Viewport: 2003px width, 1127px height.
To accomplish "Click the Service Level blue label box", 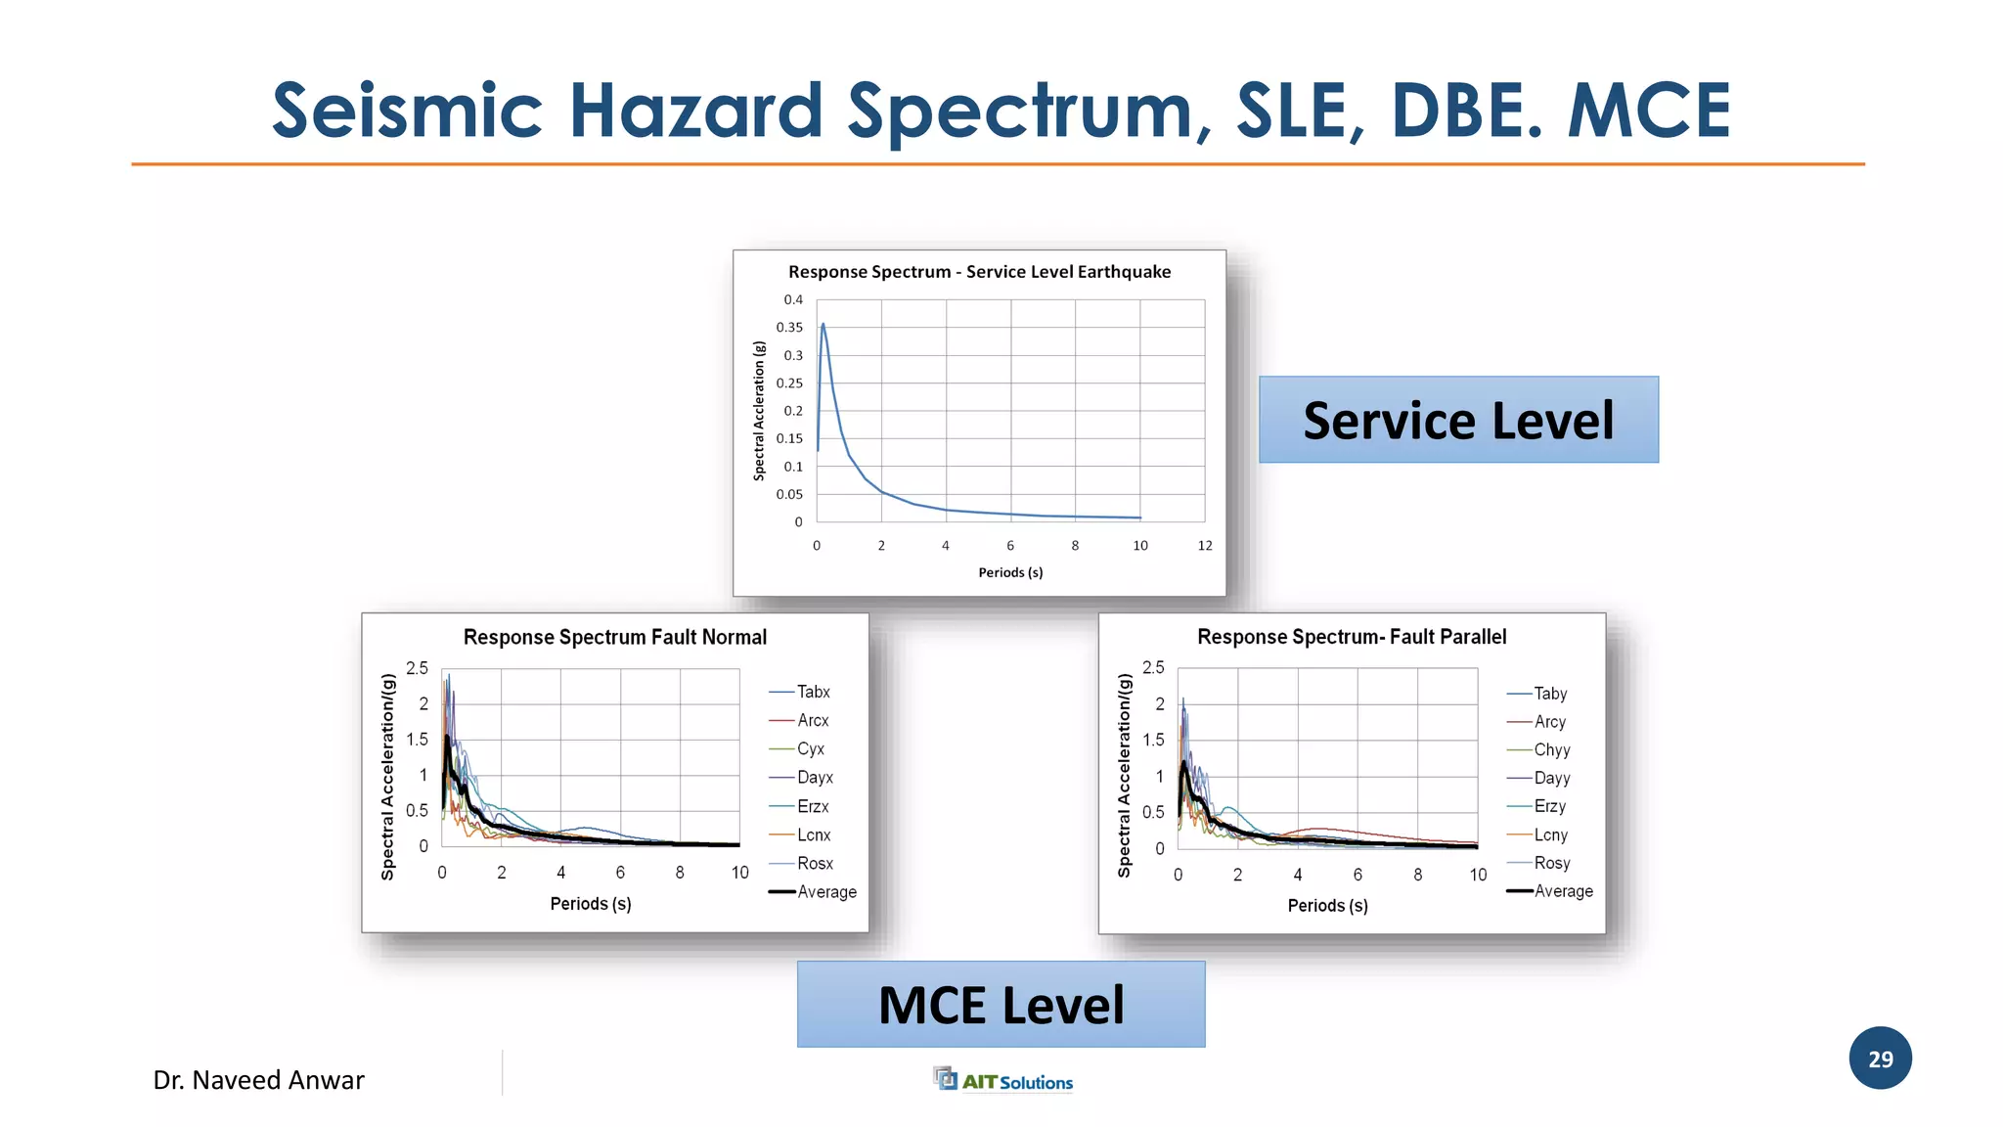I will click(1457, 420).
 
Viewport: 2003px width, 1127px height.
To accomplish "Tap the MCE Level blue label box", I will click(1001, 1005).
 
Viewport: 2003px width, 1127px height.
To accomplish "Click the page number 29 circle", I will click(1880, 1059).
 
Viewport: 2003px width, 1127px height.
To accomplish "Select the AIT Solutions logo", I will click(1003, 1080).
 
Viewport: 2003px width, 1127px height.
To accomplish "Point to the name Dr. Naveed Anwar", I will click(258, 1080).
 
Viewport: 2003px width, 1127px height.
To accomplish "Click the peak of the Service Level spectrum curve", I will click(823, 325).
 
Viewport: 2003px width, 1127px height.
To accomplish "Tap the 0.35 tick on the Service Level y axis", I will click(789, 328).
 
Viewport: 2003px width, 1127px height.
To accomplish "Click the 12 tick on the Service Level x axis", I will click(1205, 546).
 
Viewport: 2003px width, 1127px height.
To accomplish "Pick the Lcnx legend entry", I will click(813, 835).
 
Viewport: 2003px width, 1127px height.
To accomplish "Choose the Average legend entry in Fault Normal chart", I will click(825, 892).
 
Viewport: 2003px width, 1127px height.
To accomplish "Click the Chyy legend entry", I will click(1551, 750).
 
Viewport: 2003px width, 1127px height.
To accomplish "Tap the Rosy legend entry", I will click(1551, 864).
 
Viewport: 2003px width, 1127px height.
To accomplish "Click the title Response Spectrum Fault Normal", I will click(614, 638).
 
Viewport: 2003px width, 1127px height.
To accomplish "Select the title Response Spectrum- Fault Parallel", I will click(1352, 638).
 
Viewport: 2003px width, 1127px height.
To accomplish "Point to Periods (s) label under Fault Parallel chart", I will click(1327, 906).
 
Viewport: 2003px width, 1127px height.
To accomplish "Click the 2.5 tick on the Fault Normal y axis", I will click(417, 668).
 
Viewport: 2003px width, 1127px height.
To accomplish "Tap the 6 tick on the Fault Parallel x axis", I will click(1358, 875).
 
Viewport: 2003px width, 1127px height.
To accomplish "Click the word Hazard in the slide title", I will click(695, 111).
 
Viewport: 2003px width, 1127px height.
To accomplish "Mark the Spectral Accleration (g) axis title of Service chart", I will click(759, 411).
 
